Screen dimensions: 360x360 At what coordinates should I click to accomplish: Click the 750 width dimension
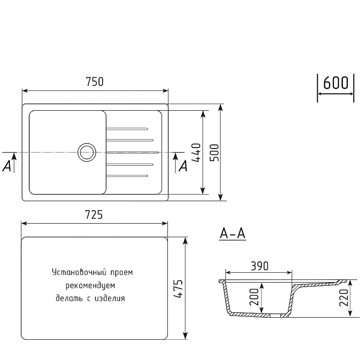coord(94,82)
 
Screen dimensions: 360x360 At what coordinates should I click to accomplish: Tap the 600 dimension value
coord(336,83)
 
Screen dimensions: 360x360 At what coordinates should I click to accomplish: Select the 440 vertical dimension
coord(196,153)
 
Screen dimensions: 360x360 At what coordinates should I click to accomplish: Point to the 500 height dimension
coord(215,153)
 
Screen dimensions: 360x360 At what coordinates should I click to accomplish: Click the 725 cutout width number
coord(94,215)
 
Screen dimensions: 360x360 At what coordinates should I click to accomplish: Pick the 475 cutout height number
coord(178,288)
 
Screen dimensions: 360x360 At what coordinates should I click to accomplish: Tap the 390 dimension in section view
coord(260,266)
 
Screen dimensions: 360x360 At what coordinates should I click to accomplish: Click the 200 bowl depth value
coord(254,297)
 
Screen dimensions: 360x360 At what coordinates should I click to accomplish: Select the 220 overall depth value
coord(344,297)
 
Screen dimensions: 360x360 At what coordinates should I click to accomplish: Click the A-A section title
coord(233,234)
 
